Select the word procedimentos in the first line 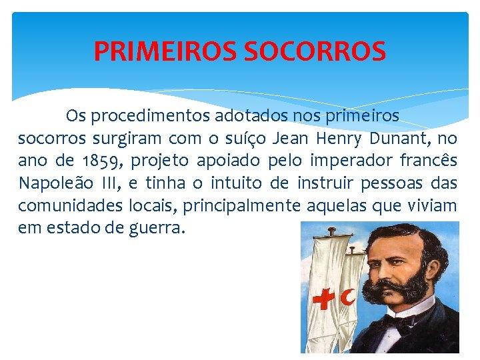pyautogui.click(x=151, y=116)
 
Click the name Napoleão pyautogui.click(x=52, y=183)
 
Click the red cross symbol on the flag pyautogui.click(x=325, y=300)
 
